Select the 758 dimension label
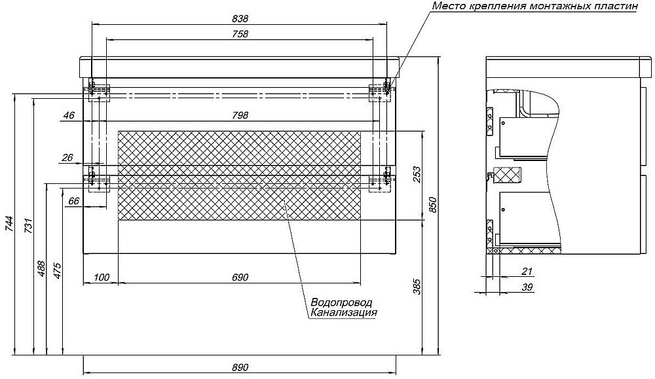(x=240, y=34)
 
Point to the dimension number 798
(x=240, y=115)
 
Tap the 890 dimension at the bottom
(x=240, y=368)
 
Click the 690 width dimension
(x=240, y=278)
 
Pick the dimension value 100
(x=102, y=278)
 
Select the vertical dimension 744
(x=9, y=225)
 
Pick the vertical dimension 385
(x=417, y=286)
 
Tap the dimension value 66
(x=73, y=202)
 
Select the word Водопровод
(x=341, y=303)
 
